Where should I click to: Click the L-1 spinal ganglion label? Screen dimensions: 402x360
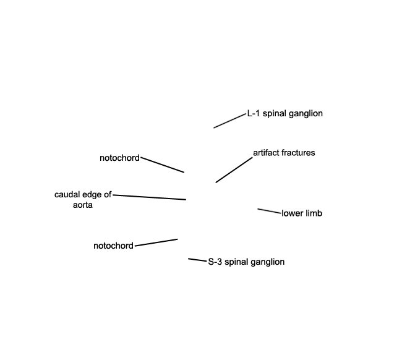click(285, 114)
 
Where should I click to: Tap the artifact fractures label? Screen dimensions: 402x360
click(284, 153)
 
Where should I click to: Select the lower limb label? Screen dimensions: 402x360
click(302, 213)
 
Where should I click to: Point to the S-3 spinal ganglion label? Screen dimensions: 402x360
click(246, 262)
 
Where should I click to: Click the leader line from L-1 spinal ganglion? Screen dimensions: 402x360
click(229, 121)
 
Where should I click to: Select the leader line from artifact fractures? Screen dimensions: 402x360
click(234, 170)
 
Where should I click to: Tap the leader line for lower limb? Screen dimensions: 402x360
click(269, 211)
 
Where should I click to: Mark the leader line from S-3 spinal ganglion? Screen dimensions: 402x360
click(197, 260)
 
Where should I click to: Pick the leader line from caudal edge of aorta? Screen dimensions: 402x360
click(149, 197)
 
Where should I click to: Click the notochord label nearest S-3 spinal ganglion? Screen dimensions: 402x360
click(113, 246)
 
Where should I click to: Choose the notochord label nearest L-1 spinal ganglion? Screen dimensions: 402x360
click(119, 158)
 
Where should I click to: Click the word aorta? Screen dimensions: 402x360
click(82, 205)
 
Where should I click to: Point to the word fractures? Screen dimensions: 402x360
click(299, 153)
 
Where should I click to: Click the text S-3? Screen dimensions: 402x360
click(215, 262)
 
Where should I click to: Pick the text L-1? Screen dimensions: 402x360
click(254, 114)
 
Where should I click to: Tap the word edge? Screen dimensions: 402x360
click(92, 195)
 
